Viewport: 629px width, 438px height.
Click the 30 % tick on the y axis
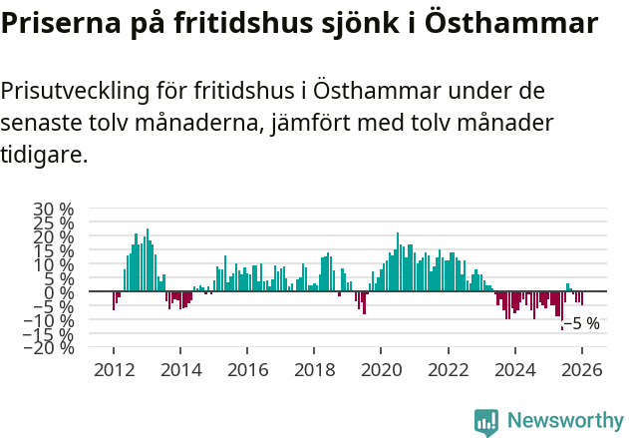tap(54, 210)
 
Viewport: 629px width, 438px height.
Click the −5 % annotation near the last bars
tap(581, 323)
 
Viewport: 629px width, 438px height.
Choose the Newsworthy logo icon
tap(485, 422)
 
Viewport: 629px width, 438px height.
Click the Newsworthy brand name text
tap(563, 422)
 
